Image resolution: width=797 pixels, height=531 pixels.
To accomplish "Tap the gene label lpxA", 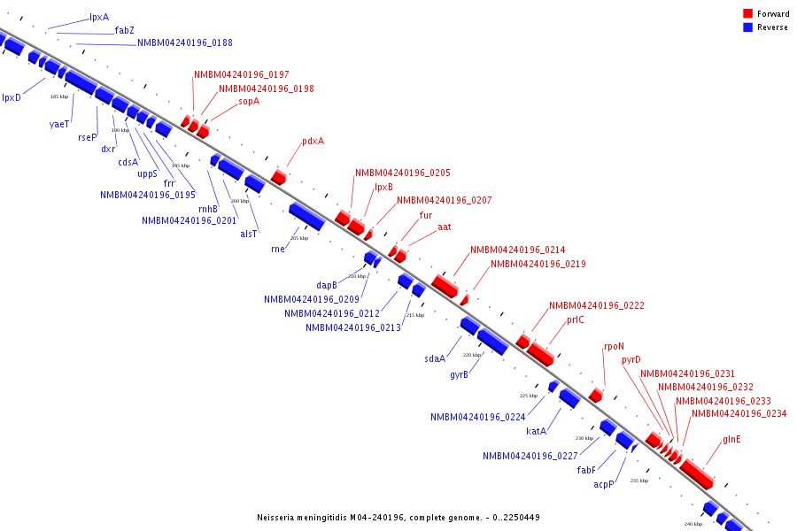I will pyautogui.click(x=99, y=18).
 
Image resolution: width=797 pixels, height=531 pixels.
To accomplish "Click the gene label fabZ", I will pyautogui.click(x=125, y=30).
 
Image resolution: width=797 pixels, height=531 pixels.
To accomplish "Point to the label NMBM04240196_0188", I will pyautogui.click(x=185, y=42).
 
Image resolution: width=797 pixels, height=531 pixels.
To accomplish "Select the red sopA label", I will pyautogui.click(x=249, y=102).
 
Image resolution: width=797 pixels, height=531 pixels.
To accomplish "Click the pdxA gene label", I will pyautogui.click(x=313, y=141).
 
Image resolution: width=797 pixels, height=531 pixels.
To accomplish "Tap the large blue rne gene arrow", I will pyautogui.click(x=306, y=216).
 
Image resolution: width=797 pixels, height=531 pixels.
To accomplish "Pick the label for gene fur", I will pyautogui.click(x=426, y=215).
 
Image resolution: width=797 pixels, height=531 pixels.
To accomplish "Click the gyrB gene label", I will pyautogui.click(x=459, y=374).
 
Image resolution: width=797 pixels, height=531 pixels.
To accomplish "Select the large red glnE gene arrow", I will pyautogui.click(x=697, y=473).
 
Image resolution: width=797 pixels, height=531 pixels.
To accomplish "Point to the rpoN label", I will pyautogui.click(x=614, y=347).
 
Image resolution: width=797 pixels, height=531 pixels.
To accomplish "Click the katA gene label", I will pyautogui.click(x=536, y=432).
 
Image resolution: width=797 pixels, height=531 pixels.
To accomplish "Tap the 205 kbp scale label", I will pyautogui.click(x=299, y=238).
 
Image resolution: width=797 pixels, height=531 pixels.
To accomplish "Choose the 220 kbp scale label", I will pyautogui.click(x=472, y=355).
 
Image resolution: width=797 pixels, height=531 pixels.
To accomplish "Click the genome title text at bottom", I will pyautogui.click(x=398, y=517).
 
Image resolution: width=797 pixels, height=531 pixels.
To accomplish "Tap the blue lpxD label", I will pyautogui.click(x=12, y=97).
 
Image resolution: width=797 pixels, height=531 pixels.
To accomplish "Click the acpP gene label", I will pyautogui.click(x=604, y=484).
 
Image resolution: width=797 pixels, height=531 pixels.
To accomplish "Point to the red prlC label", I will pyautogui.click(x=576, y=319).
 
